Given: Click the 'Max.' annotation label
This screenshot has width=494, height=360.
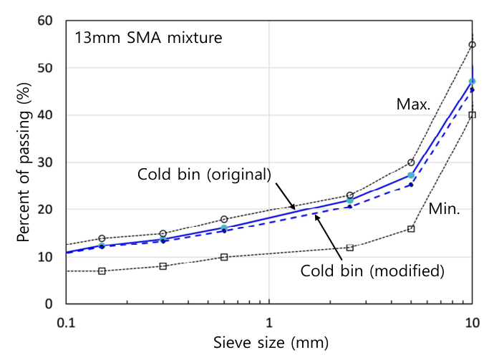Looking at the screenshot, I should (x=413, y=104).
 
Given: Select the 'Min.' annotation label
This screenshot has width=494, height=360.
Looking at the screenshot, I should (x=445, y=209).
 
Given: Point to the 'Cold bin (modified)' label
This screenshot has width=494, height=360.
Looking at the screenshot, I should (x=372, y=271).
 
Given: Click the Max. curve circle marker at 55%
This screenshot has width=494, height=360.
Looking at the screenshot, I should (x=472, y=44).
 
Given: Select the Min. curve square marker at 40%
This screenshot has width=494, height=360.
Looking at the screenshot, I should (x=472, y=115).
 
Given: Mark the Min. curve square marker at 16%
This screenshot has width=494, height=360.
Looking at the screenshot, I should (x=411, y=228).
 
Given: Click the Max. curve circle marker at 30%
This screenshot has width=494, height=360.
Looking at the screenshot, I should (x=411, y=162).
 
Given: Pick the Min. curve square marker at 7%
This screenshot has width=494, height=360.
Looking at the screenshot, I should (x=102, y=271).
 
